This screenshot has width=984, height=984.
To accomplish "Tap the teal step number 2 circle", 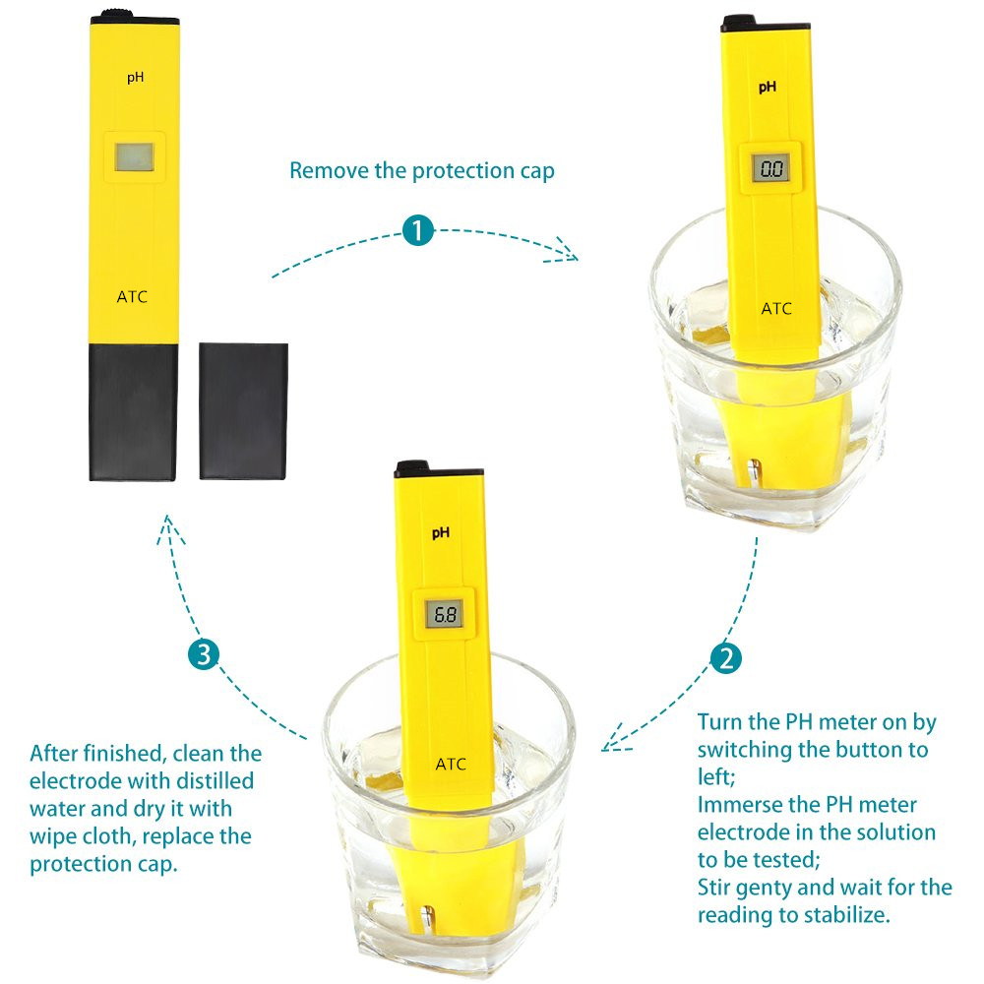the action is click(x=726, y=658).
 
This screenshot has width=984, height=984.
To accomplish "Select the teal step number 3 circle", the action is click(x=204, y=654).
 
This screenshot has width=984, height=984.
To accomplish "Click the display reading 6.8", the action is click(x=445, y=614).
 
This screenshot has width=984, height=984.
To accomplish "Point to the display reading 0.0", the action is click(x=770, y=168).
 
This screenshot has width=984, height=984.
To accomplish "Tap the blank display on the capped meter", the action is click(x=134, y=156).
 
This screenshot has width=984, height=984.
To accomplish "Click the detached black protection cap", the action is click(x=243, y=411).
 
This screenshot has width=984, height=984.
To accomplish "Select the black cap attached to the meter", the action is click(x=133, y=412).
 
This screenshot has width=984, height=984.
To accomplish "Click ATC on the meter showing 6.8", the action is click(x=451, y=764).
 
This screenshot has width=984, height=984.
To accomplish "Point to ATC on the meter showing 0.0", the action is click(x=776, y=308).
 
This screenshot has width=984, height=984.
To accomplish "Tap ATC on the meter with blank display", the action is click(x=132, y=296).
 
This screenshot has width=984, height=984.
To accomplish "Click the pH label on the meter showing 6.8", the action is click(x=441, y=532).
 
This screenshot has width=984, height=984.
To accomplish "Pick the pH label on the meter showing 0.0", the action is click(x=768, y=88).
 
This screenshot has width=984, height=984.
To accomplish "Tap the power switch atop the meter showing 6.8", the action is click(x=411, y=465).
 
